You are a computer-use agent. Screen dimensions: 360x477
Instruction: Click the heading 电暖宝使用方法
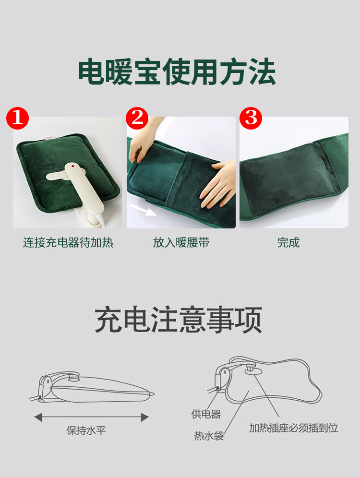tap(177, 72)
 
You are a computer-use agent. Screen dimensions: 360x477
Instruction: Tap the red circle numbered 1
tap(17, 118)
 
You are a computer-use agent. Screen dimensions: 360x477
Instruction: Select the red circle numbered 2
tap(137, 118)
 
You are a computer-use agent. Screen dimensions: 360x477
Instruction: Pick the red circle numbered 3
tap(251, 118)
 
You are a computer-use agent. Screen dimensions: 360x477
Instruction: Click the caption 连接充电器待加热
tap(68, 243)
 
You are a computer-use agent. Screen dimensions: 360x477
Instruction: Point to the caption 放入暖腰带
tap(181, 243)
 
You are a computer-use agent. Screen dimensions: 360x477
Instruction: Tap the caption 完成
tap(288, 243)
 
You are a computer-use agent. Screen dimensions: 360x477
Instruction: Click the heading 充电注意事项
tap(179, 320)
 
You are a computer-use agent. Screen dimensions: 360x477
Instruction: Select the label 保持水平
tap(86, 430)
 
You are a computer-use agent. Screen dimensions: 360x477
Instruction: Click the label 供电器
tap(206, 414)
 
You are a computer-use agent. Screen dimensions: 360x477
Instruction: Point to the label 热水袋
tap(209, 436)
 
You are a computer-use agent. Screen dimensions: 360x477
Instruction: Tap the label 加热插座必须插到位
tap(294, 428)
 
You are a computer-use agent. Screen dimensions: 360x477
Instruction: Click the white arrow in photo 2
tap(143, 210)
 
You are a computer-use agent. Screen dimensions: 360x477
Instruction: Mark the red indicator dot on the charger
tap(73, 167)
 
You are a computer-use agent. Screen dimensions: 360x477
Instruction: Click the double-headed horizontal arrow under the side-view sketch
tap(91, 417)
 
